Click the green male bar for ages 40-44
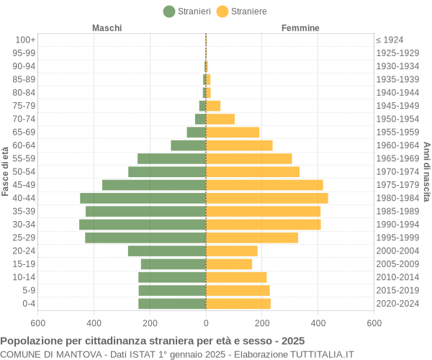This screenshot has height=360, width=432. pos(143,198)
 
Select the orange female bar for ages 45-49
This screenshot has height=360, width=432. pos(264,185)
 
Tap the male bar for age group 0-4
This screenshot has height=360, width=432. pos(172,304)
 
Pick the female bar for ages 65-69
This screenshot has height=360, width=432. pos(233,132)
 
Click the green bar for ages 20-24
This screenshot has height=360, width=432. pos(167,251)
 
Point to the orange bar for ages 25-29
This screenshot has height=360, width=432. pos(252,238)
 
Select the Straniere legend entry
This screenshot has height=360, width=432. pos(242,11)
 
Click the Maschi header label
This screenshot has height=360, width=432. pos(107,28)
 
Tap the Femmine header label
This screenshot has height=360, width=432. pos(301,28)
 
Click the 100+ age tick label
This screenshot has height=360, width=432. pos(25,40)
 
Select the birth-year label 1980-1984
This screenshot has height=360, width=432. pos(397,198)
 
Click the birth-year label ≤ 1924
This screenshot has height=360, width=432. pos(390,40)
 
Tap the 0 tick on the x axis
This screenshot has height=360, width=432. pos(206,323)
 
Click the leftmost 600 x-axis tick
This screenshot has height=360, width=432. pos(37,323)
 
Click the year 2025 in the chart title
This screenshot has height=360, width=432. pos(292,341)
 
